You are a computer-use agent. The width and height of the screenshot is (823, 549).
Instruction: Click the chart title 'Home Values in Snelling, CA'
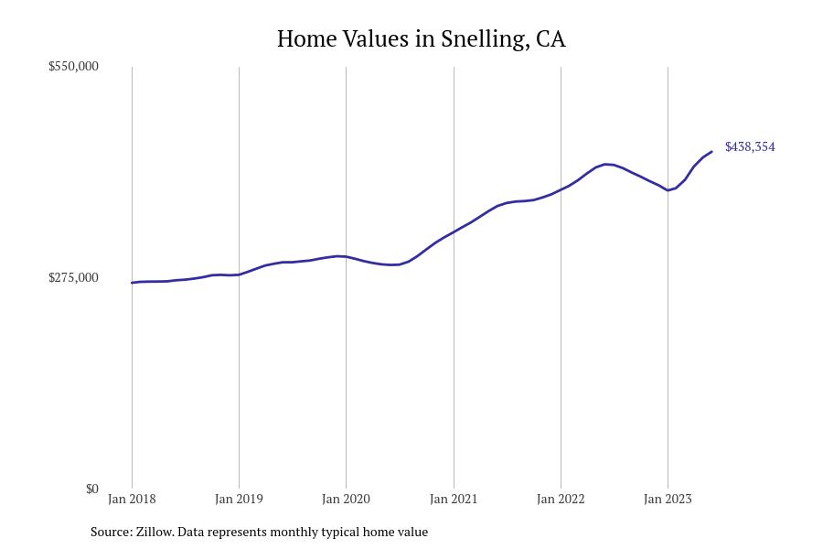point(421,39)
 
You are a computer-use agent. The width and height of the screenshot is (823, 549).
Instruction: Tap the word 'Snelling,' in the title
point(484,39)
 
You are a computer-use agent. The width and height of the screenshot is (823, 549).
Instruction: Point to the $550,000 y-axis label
point(73,67)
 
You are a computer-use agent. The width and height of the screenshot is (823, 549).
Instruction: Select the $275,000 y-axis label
point(73,278)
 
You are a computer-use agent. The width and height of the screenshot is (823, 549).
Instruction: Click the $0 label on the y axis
point(91,490)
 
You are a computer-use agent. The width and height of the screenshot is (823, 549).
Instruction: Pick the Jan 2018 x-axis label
point(132,500)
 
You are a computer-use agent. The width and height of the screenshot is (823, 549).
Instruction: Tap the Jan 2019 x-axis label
point(239,500)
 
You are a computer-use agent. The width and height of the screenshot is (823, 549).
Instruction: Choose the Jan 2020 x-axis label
point(346,500)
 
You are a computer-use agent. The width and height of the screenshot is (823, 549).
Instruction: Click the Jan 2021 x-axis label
point(454,500)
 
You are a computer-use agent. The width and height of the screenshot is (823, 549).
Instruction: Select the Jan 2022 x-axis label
point(561,500)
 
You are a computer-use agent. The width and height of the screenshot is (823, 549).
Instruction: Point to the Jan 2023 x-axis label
point(668,500)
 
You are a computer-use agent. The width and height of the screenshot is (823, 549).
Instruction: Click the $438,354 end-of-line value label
point(750,147)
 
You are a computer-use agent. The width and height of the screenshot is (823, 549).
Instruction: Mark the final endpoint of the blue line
point(711,152)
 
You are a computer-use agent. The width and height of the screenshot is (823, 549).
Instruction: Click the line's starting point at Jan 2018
point(132,283)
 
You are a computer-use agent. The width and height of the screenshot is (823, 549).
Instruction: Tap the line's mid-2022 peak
point(606,164)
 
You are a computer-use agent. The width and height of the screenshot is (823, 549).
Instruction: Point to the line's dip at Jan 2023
point(668,190)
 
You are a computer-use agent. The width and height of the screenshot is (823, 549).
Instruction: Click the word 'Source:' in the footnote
point(111,532)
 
